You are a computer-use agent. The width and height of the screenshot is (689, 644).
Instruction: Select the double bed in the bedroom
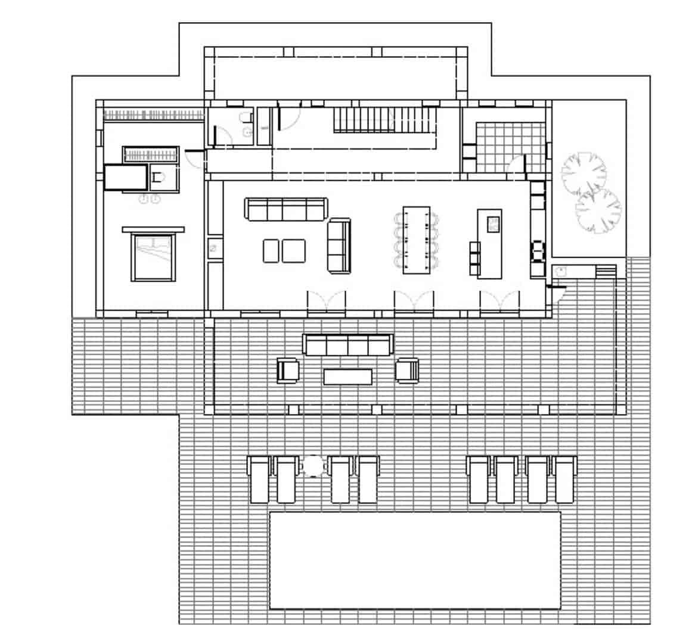154,258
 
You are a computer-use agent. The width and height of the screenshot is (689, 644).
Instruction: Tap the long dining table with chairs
417,240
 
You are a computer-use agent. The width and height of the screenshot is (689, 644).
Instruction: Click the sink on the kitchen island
494,224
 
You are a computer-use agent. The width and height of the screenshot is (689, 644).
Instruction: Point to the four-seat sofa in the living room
285,209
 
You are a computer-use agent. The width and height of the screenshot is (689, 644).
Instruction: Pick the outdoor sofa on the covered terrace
348,345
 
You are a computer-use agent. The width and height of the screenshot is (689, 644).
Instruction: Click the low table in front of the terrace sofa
348,376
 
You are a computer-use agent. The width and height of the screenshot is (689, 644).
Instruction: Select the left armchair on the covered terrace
288,370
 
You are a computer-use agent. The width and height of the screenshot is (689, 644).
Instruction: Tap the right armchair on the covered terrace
408,370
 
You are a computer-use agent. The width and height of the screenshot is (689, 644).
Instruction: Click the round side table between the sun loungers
313,466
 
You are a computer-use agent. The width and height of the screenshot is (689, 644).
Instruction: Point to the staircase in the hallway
381,119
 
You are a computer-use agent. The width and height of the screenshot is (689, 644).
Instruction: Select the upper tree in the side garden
584,173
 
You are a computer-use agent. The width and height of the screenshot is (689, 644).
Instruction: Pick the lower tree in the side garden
598,211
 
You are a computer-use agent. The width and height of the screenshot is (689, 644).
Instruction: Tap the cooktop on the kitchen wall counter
538,251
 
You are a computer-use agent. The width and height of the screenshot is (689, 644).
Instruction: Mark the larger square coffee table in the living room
294,250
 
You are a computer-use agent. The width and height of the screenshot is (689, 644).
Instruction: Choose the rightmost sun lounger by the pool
564,479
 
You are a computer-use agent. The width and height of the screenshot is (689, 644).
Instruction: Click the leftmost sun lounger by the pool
259,479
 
